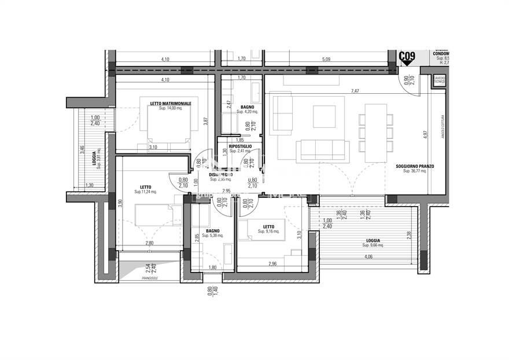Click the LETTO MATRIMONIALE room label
click(170, 104)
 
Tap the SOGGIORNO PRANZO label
click(415, 167)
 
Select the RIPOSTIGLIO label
click(240, 146)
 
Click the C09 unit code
click(407, 56)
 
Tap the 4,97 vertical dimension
click(426, 134)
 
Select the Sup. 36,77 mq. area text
click(415, 172)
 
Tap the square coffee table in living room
click(324, 116)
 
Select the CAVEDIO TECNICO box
click(440, 80)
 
